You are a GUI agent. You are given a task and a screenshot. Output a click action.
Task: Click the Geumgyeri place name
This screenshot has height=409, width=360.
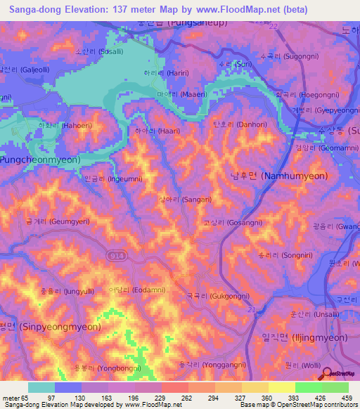click(x=48, y=221)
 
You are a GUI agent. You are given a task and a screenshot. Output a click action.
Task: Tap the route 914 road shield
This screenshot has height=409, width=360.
click(x=114, y=256)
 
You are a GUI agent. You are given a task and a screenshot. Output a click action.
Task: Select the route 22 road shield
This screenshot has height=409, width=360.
click(x=274, y=26)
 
